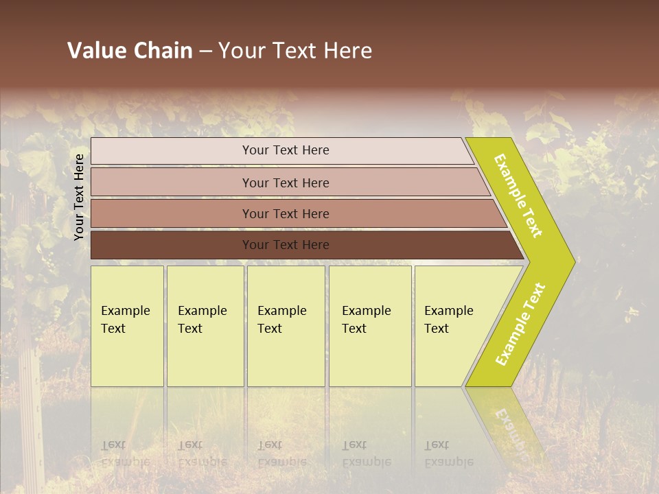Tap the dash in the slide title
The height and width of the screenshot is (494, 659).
click(x=205, y=51)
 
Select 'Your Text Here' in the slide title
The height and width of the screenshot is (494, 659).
click(x=295, y=51)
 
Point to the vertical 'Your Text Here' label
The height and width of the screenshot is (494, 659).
click(x=79, y=197)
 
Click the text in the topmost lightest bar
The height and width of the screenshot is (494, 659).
click(x=286, y=150)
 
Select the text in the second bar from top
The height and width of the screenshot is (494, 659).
click(x=286, y=183)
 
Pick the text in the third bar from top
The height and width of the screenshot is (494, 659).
click(x=286, y=213)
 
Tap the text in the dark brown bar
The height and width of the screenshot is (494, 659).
click(x=286, y=244)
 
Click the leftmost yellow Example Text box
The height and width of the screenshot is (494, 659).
click(x=127, y=326)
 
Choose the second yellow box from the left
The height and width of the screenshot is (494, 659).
click(x=205, y=326)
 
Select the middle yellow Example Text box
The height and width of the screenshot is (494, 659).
click(x=285, y=326)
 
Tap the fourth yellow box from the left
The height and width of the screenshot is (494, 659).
click(x=369, y=326)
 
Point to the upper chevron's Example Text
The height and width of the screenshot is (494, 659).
click(x=518, y=196)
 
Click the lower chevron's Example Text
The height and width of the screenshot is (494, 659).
click(x=520, y=324)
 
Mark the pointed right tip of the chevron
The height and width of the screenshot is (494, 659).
click(x=573, y=262)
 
